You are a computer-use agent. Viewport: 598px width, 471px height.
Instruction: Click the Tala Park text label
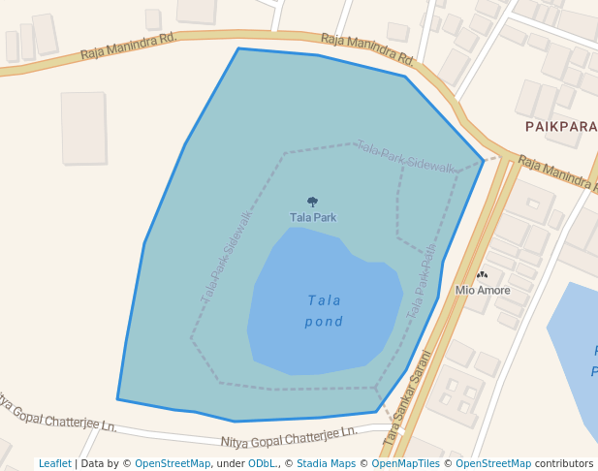coord(312,218)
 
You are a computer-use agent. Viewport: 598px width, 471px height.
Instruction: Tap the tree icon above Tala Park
coord(312,202)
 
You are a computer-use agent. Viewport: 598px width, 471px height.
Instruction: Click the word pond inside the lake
coord(324,322)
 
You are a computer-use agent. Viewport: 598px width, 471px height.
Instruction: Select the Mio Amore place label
coord(483,290)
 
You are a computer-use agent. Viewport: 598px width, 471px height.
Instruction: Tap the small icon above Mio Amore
coord(482,275)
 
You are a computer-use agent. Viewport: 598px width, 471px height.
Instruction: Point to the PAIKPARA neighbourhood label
coord(561,127)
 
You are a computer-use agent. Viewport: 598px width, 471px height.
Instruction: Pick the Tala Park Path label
coord(422,282)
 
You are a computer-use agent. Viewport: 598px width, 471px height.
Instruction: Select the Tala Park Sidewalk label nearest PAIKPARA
coord(405,157)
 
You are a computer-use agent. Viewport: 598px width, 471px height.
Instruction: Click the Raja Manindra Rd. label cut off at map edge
coord(556,171)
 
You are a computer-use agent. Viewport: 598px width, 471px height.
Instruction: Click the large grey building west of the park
coord(83,127)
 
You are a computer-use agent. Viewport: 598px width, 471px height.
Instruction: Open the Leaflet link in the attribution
coord(54,464)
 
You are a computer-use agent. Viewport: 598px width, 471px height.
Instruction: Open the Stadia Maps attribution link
coord(326,464)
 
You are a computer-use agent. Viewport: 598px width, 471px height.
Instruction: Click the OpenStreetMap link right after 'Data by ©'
coord(173,464)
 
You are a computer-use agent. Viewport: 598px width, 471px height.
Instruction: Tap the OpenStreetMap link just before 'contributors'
coord(492,464)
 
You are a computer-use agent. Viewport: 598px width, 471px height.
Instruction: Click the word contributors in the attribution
coord(564,464)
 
